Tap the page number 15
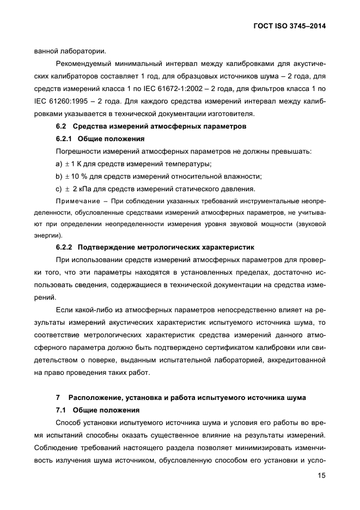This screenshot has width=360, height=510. [321, 477]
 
